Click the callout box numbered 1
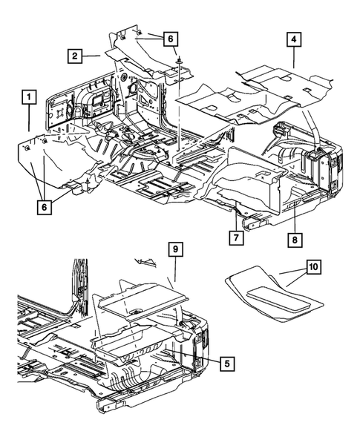(x=29, y=97)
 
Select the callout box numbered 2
(x=76, y=56)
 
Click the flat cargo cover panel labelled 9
(x=141, y=297)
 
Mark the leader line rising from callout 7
(x=237, y=221)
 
